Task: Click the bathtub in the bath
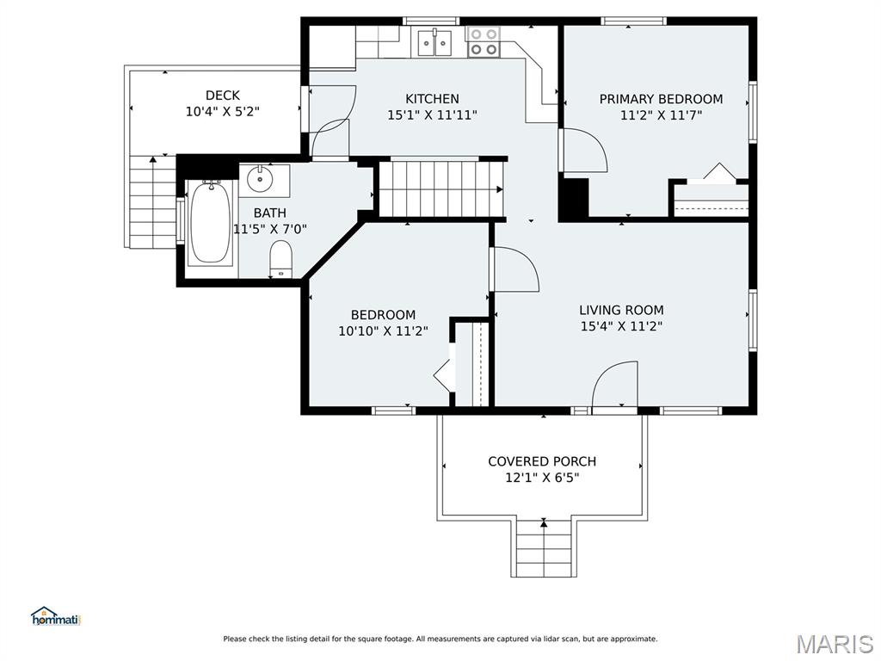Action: pos(210,223)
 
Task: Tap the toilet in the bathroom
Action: pos(280,259)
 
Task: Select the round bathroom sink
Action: pos(260,179)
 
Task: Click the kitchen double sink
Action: pos(434,43)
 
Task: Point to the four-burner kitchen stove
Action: pos(484,42)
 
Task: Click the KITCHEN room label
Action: pos(432,99)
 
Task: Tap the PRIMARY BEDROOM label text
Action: pos(661,100)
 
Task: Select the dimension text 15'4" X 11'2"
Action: pos(621,326)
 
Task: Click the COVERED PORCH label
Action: pos(542,461)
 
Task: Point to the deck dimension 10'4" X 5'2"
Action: pos(223,111)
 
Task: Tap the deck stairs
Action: pos(153,201)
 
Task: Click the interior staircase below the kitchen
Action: pos(441,189)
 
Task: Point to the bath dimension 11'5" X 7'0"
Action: pos(270,229)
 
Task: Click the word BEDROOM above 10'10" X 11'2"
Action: pos(383,315)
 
